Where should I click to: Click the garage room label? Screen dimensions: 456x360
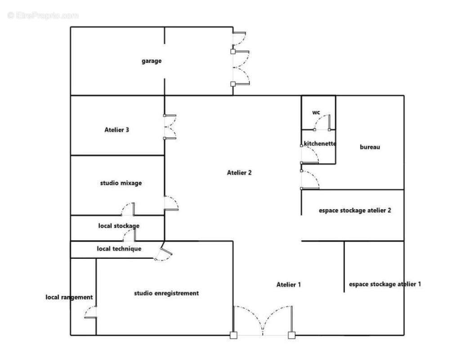click(x=152, y=61)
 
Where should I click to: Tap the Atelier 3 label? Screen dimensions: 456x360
click(x=116, y=130)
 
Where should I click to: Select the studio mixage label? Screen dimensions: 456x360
click(x=121, y=183)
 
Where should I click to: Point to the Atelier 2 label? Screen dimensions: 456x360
click(x=239, y=173)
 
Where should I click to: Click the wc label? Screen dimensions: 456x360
click(x=316, y=112)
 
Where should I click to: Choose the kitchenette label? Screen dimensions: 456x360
click(x=320, y=144)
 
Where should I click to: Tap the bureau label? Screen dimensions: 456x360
click(x=370, y=147)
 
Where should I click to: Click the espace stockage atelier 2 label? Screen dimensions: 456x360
click(x=355, y=211)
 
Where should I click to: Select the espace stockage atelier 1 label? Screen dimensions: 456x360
click(x=385, y=284)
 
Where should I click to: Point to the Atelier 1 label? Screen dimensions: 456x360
click(x=289, y=284)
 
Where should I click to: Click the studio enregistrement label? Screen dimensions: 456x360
click(x=166, y=293)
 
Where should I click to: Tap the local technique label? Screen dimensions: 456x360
click(x=119, y=249)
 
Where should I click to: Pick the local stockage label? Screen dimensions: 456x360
click(x=119, y=226)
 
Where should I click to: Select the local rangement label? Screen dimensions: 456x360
click(x=69, y=297)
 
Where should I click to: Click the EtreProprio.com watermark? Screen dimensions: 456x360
click(x=43, y=15)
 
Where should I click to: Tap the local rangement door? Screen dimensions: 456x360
click(x=90, y=312)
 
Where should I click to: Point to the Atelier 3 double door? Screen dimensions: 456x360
click(x=170, y=127)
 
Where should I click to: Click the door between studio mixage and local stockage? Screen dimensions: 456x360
click(x=128, y=209)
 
